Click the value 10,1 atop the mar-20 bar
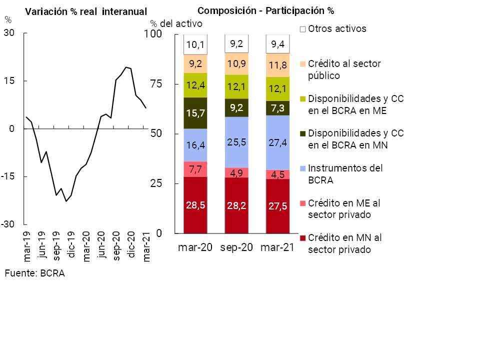coord(195,45)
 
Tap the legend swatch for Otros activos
coord(302,29)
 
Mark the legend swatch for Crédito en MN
coord(302,237)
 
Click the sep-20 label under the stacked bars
coord(236,247)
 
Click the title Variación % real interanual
coord(86,11)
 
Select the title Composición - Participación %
coord(265,10)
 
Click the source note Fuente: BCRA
coord(34,273)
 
